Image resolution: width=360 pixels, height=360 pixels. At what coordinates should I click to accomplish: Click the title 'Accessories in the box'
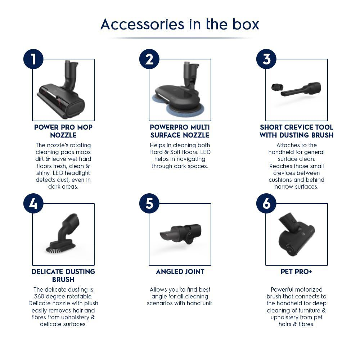click(180, 24)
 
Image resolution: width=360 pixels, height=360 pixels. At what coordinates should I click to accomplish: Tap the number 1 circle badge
click(33, 59)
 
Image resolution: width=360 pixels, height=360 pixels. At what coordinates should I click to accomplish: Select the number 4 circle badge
click(33, 203)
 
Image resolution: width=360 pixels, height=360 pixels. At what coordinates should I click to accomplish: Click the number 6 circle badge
click(266, 203)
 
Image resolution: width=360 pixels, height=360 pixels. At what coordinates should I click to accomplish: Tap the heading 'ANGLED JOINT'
click(180, 272)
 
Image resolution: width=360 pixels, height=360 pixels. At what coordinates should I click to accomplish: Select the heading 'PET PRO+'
click(296, 272)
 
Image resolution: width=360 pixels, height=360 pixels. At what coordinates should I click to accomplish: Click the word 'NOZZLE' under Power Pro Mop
click(63, 135)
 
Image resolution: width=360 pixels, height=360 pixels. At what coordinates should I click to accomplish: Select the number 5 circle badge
click(149, 203)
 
